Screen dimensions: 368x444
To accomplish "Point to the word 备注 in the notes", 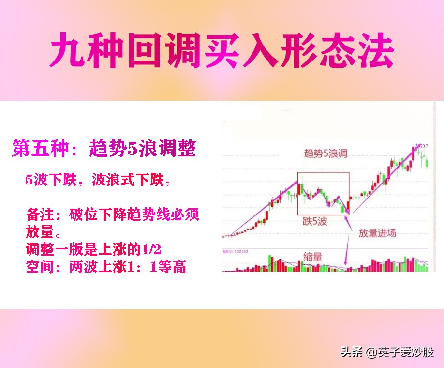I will click(41, 214).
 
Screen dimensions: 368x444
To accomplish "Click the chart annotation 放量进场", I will click(377, 233).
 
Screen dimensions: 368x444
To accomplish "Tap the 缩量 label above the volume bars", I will click(313, 257).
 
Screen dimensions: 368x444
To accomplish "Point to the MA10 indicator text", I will click(236, 251).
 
